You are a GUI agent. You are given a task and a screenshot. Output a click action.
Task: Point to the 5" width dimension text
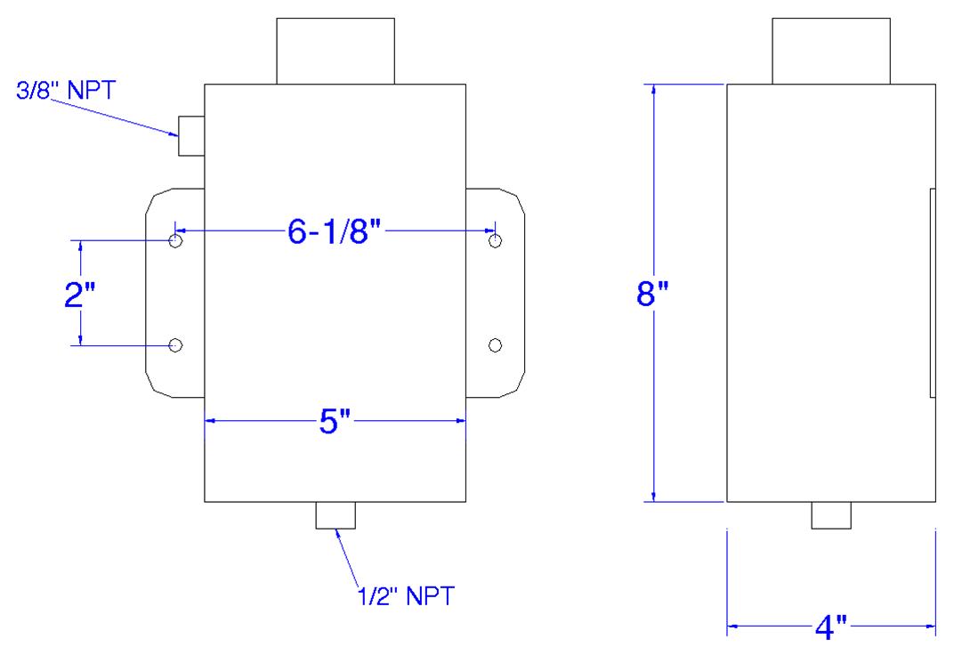(x=335, y=423)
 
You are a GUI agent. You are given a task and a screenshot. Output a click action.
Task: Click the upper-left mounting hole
(x=175, y=241)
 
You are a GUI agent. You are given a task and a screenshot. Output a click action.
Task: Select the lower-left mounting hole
(x=175, y=344)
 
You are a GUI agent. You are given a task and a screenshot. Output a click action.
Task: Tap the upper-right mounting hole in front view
(x=496, y=241)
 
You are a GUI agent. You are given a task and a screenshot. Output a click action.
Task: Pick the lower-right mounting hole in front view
(x=496, y=344)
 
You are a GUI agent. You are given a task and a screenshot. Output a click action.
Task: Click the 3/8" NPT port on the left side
(x=191, y=136)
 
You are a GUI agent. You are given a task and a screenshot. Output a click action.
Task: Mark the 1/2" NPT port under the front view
(x=335, y=515)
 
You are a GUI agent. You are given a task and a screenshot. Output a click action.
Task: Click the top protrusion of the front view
(x=335, y=50)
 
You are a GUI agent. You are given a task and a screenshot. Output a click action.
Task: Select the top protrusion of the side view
(x=830, y=50)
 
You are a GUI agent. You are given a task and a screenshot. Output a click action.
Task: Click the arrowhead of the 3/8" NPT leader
(x=176, y=133)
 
